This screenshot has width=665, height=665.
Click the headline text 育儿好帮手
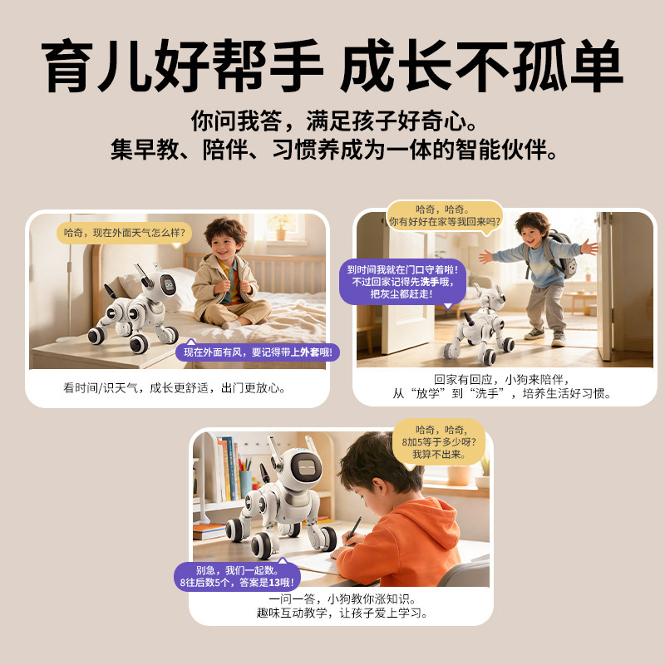coord(182,66)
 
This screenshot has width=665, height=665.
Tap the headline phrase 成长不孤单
coord(481,66)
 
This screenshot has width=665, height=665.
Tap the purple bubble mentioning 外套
coord(258,352)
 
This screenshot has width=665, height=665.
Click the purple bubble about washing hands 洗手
coord(404,281)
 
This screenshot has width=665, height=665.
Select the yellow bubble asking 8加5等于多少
coord(439,441)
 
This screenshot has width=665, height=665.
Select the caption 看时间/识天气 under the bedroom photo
coord(175,388)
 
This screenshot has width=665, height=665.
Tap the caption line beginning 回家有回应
coord(505,378)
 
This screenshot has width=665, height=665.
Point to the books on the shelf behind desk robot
coord(229,470)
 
